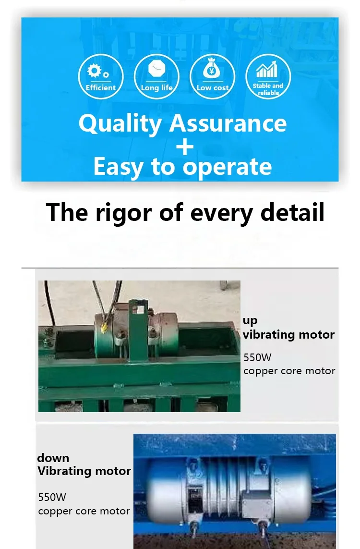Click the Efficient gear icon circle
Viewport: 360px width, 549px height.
click(x=101, y=77)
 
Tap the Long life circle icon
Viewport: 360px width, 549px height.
click(x=156, y=77)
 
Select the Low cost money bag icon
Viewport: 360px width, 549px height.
click(x=212, y=77)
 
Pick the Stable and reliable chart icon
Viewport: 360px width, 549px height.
click(x=268, y=77)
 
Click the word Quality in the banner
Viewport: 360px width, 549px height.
click(x=120, y=124)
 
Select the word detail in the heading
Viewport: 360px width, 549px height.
click(x=292, y=212)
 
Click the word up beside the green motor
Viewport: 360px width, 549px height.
click(x=250, y=321)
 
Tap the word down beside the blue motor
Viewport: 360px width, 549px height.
click(x=53, y=458)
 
